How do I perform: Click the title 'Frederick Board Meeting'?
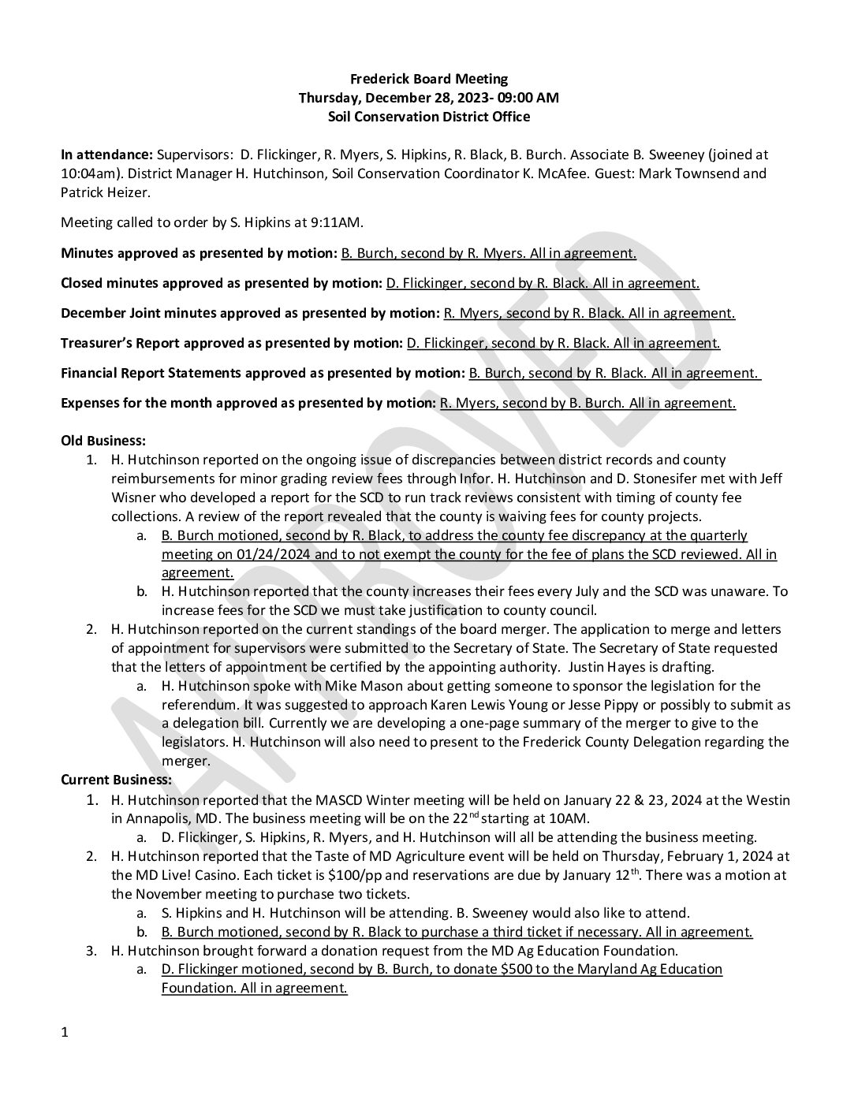429,79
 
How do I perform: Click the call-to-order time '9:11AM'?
339,222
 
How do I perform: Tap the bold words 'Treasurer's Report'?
117,343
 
